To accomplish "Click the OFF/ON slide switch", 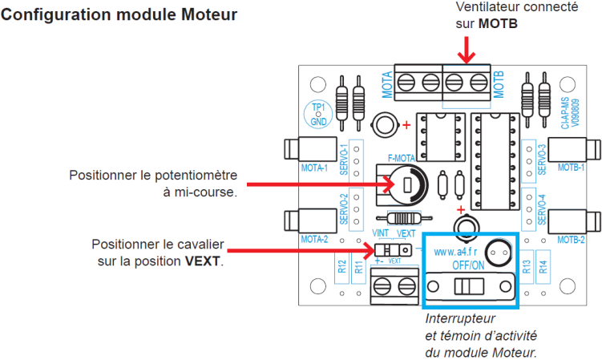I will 466,286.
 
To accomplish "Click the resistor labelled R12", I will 342,270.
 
